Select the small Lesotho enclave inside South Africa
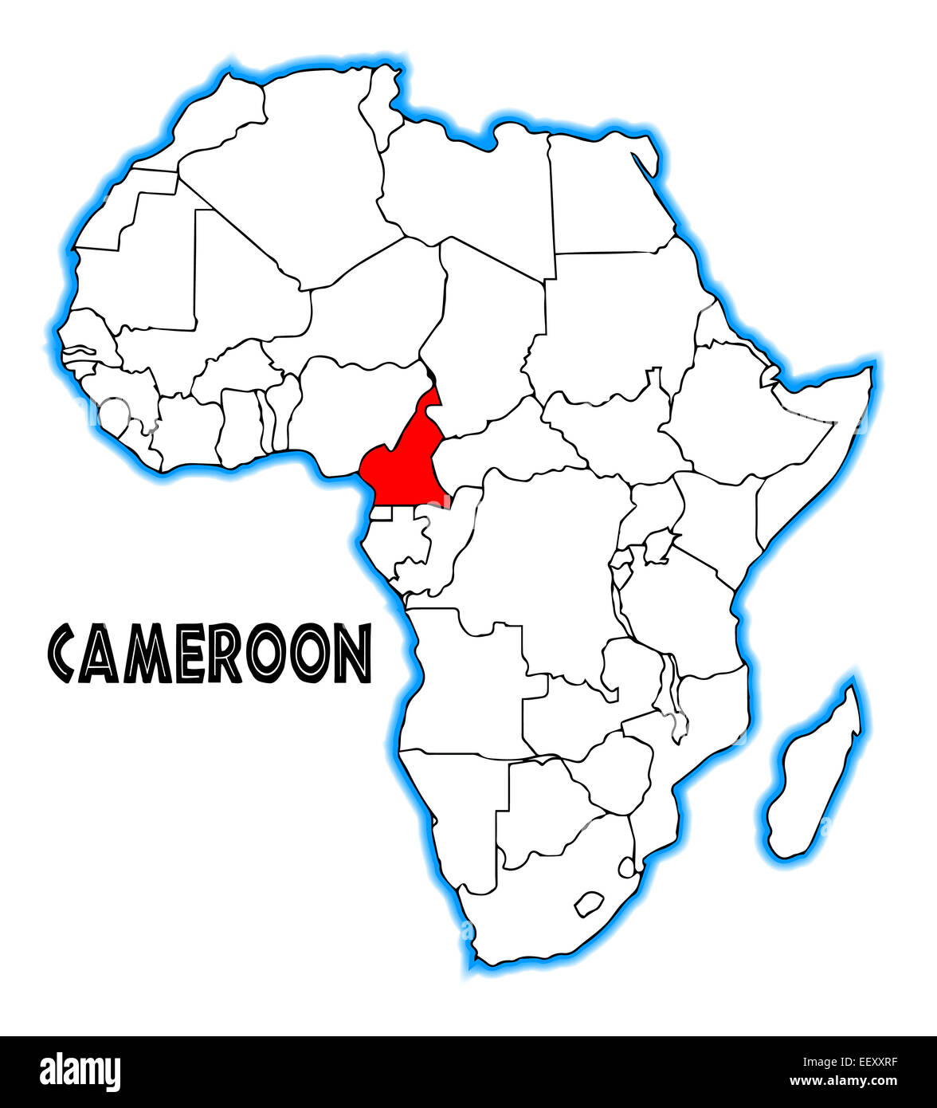point(588,903)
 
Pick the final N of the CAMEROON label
point(352,654)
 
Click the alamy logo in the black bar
point(80,1072)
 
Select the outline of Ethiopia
point(733,415)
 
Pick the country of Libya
point(470,191)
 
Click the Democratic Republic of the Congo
point(542,558)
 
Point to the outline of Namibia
point(454,805)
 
